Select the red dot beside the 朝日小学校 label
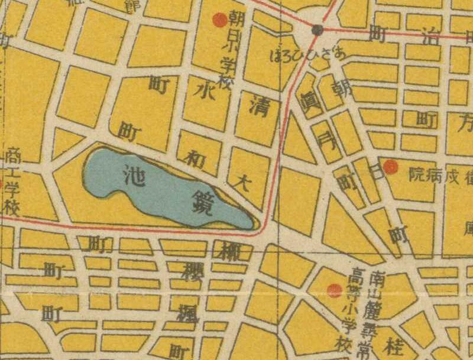click(220, 20)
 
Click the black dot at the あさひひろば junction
click(318, 30)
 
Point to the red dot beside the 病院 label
click(391, 167)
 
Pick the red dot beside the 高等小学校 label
click(334, 290)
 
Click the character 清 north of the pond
click(256, 106)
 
